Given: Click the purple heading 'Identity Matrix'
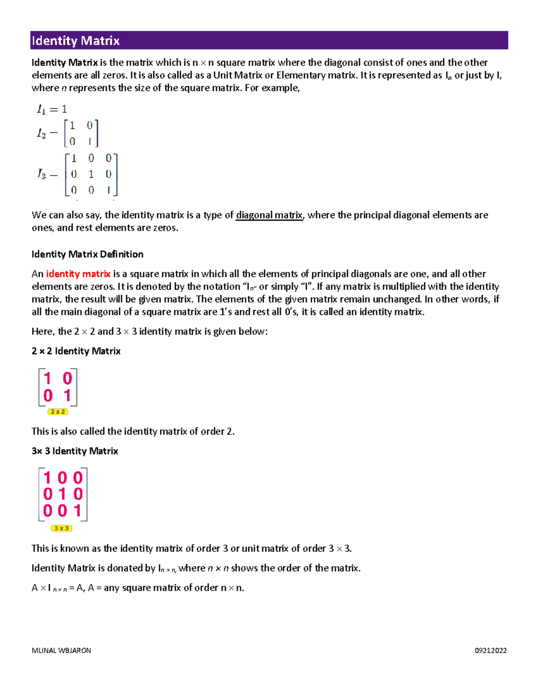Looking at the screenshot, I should point(76,41).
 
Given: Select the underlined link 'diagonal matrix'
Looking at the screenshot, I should point(269,215).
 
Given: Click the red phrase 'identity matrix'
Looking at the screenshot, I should point(78,274).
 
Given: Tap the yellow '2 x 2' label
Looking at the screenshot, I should point(58,411).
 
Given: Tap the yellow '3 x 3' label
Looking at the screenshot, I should point(61,528).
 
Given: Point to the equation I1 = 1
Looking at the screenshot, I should point(52,109).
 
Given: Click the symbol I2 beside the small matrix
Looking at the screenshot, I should point(41,133).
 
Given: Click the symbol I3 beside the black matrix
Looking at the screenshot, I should point(42,174).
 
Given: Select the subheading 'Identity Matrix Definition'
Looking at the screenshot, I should point(87,254).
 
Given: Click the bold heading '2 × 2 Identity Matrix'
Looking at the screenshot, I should point(76,351).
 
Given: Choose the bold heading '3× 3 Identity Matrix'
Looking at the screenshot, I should point(75,451).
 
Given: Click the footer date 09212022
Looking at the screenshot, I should point(490,650).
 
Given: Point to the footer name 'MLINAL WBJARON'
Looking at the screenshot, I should point(61,650).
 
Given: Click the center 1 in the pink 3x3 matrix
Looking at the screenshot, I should point(62,494).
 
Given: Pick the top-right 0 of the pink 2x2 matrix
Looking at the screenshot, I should point(67,379).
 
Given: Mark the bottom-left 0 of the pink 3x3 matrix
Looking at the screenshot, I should point(48,510).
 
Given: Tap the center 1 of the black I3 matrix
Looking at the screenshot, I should point(91,174).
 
